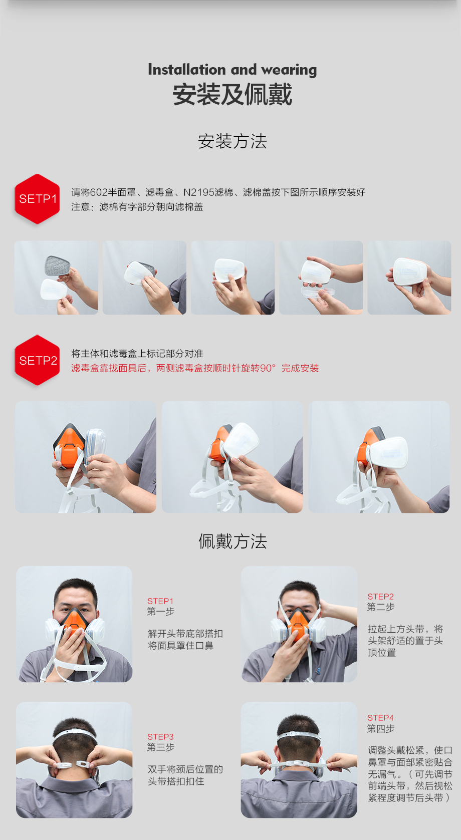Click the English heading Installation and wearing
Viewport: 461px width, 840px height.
[x=232, y=70]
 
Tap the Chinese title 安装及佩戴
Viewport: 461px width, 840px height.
[x=232, y=94]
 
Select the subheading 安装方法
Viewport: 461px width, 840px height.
[x=232, y=141]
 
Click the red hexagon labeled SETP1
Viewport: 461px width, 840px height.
[x=37, y=199]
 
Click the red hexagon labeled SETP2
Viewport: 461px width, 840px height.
[x=37, y=360]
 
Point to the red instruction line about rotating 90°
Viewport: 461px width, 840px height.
[x=195, y=368]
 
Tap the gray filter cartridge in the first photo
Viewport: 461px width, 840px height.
[x=58, y=266]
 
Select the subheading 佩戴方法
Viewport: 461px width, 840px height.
[x=232, y=541]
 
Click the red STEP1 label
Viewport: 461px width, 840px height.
[x=160, y=601]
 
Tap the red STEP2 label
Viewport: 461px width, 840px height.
[x=380, y=597]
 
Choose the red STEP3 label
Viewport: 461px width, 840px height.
[x=160, y=737]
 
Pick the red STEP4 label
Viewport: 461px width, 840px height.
[x=380, y=718]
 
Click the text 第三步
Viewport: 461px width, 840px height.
[x=160, y=747]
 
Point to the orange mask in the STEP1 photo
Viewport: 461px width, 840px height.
[x=75, y=619]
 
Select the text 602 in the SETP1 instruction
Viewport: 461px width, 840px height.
[x=99, y=193]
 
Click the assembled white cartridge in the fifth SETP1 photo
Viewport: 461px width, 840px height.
[x=410, y=272]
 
